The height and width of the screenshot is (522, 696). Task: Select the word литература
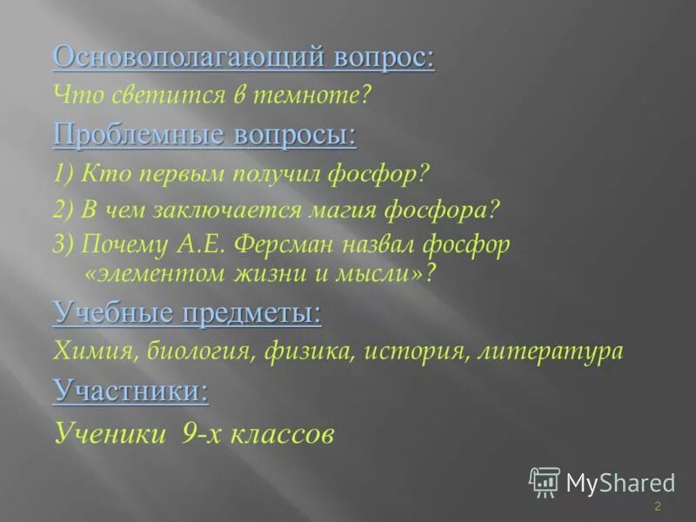[553, 351]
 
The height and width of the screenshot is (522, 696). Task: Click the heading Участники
[130, 391]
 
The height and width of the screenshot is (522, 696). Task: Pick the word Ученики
[109, 432]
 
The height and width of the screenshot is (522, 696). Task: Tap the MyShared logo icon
[545, 482]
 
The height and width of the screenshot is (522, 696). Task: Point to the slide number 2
[658, 507]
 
